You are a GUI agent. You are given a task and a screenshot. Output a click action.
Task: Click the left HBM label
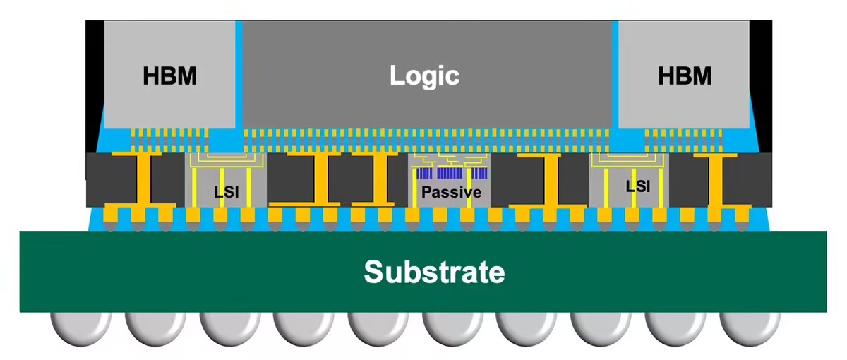[x=169, y=76]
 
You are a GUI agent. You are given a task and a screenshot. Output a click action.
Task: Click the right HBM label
[x=685, y=76]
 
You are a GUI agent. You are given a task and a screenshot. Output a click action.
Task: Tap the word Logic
[x=424, y=76]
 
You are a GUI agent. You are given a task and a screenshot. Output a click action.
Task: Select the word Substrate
[x=434, y=271]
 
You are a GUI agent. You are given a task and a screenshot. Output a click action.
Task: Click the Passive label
[x=452, y=192]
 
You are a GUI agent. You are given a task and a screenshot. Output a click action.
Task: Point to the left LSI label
[x=226, y=191]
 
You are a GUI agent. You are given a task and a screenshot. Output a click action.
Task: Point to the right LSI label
[x=638, y=186]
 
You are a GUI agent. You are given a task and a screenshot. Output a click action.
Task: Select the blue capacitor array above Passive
[x=452, y=173]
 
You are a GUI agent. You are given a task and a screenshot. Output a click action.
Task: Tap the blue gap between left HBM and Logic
[x=239, y=78]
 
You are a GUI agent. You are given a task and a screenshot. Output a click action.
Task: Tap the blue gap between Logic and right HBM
[x=615, y=78]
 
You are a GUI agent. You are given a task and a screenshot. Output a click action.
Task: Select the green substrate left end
[x=42, y=271]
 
